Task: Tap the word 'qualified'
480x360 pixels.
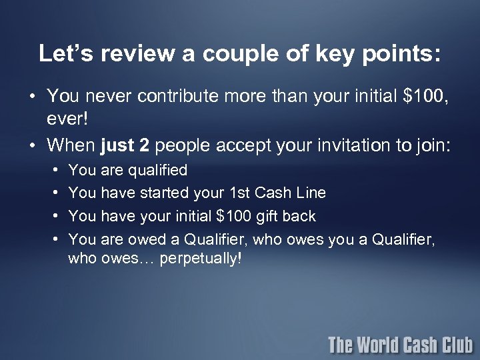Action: tap(154, 171)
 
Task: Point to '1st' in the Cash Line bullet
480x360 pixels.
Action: tap(238, 193)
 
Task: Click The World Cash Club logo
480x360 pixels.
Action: tap(400, 345)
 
